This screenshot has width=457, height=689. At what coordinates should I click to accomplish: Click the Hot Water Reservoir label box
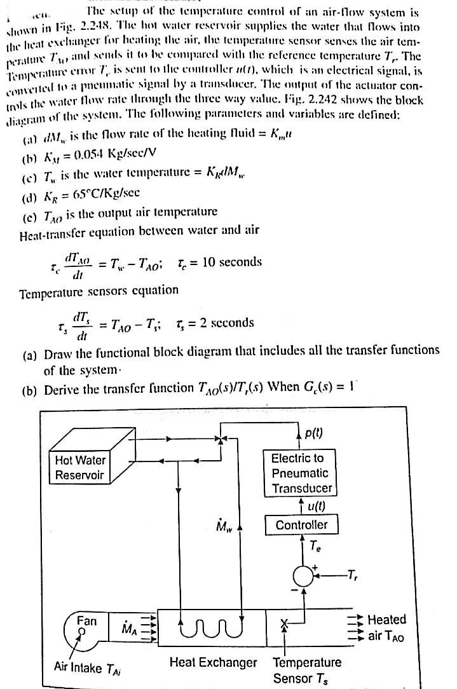tap(80, 467)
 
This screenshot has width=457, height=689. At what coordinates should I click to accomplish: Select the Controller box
tap(301, 525)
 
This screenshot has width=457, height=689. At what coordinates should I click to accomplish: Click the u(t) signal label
tap(315, 507)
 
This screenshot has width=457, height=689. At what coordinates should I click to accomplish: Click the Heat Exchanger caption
tap(213, 662)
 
